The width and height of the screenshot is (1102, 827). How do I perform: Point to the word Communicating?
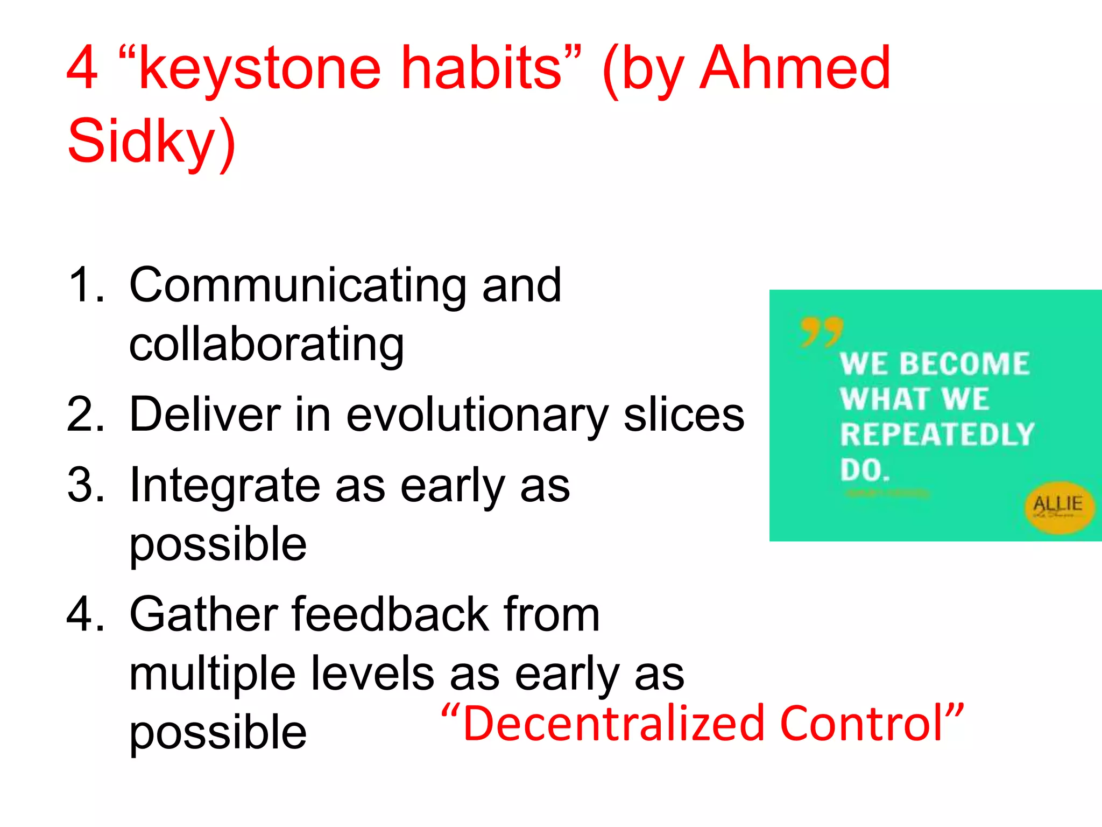click(x=297, y=286)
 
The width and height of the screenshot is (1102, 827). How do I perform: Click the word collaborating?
click(x=266, y=345)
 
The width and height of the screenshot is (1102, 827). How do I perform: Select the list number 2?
click(x=85, y=415)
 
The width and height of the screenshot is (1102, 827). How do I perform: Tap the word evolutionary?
click(x=477, y=416)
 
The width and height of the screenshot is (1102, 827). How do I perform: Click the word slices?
click(x=683, y=415)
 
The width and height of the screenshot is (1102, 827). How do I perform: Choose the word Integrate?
click(x=225, y=486)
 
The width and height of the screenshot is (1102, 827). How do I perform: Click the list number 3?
click(x=85, y=486)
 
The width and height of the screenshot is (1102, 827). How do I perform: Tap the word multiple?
click(x=212, y=674)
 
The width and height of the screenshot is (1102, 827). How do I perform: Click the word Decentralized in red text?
click(x=613, y=724)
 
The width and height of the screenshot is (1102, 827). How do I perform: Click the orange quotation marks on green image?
click(x=821, y=331)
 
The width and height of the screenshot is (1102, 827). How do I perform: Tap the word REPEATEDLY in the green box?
click(x=937, y=434)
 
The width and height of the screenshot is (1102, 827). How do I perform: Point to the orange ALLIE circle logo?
click(x=1058, y=506)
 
